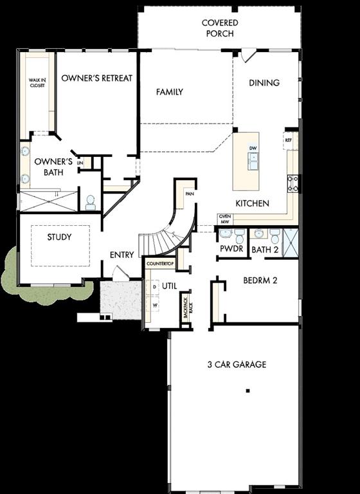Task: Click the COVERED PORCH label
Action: coord(219,28)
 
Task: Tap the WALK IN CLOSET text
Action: coord(37,83)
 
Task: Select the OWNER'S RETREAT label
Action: coord(96,78)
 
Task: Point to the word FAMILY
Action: coord(170,92)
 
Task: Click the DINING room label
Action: coord(264,82)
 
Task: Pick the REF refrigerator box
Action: coord(289,139)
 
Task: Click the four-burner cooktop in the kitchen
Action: coord(292,183)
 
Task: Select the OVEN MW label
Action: coord(224,219)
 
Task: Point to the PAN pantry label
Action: coord(189,193)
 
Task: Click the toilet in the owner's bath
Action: coord(90,201)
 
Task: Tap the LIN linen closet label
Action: coord(80,163)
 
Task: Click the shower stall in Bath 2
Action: coord(291,241)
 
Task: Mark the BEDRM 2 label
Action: coord(260,280)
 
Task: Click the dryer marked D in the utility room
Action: coord(154,286)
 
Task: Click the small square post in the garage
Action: coord(248,390)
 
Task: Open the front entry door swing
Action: coord(120,273)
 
